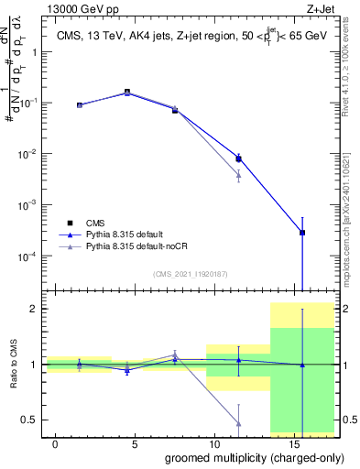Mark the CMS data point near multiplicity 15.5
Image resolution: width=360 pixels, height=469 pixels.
click(x=302, y=233)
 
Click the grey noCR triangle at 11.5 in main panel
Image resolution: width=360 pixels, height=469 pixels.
click(x=239, y=174)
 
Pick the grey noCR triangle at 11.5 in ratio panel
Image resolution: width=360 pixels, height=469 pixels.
click(x=239, y=423)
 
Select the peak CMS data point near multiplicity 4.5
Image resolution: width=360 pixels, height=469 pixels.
click(x=127, y=92)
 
